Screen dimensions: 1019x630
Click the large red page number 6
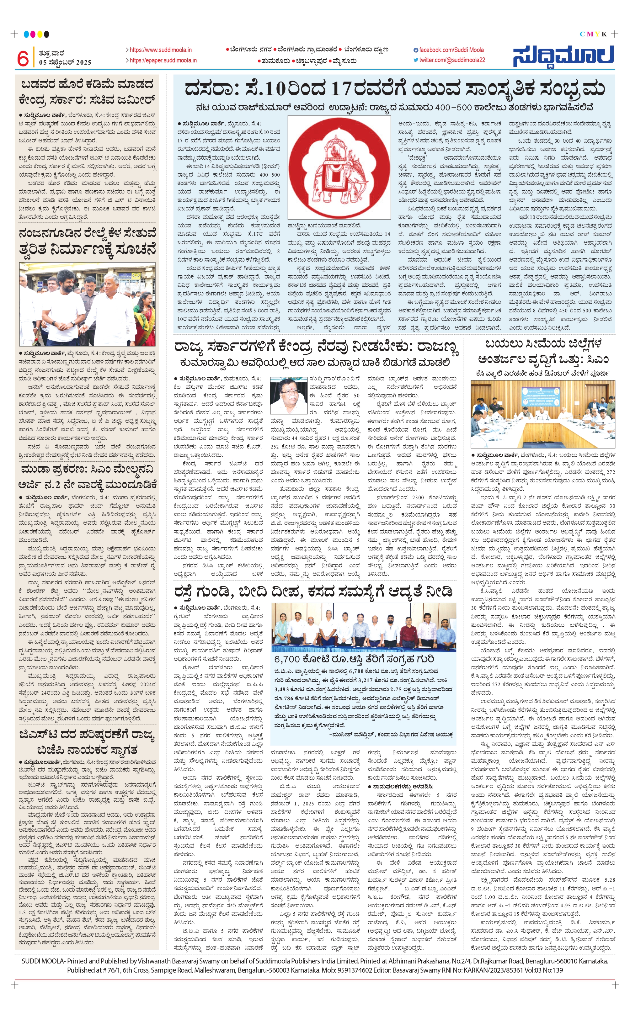click(23, 58)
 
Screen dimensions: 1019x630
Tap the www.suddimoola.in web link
click(160, 50)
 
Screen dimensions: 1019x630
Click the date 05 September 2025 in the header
click(65, 62)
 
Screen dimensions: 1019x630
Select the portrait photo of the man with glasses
click(288, 395)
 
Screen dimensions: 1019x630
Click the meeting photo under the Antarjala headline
click(542, 414)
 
